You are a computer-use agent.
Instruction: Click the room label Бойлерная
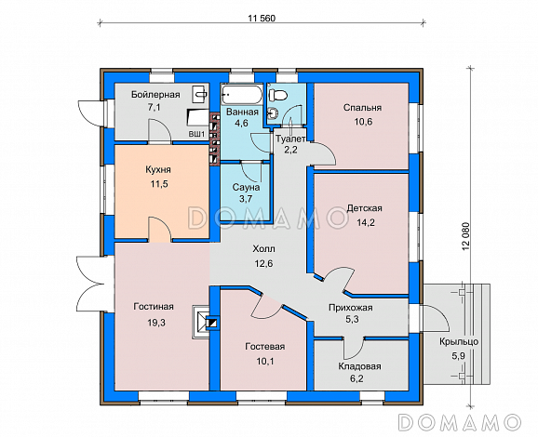coord(155,95)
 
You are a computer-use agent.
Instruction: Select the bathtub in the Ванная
coord(242,95)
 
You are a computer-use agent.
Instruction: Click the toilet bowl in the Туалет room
coord(277,95)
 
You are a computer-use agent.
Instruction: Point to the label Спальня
coord(362,108)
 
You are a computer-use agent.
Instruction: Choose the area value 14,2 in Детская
coord(366,223)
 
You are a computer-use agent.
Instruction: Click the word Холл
coord(263,249)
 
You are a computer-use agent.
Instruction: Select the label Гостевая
coord(265,347)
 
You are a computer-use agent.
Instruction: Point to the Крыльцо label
coord(459,342)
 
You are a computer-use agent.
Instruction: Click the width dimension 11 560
coord(262,19)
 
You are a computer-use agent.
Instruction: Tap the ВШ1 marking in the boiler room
coord(196,135)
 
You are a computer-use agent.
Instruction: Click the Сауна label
coord(246,188)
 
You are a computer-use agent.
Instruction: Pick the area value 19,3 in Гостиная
coord(156,323)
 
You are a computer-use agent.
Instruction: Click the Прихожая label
coord(350,308)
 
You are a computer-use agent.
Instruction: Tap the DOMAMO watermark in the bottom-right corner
coord(460,422)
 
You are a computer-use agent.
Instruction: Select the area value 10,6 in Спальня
coord(363,122)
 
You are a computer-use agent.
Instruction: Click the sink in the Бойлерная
coord(200,93)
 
